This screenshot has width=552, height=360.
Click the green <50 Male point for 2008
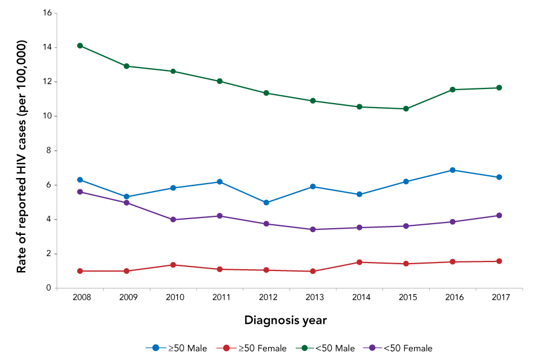click(80, 46)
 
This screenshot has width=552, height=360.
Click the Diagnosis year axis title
click(286, 320)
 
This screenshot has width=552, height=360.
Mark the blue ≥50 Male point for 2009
click(127, 197)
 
